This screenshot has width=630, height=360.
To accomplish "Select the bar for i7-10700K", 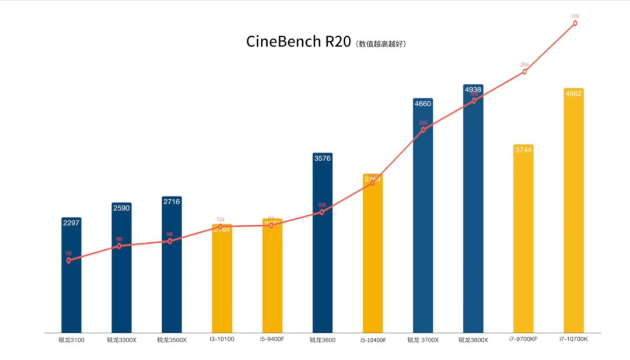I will click(x=573, y=216).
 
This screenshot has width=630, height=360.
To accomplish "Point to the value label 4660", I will click(x=423, y=104).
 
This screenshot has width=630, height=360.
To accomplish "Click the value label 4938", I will click(x=473, y=90).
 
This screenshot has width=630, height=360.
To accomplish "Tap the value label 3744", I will click(x=523, y=150).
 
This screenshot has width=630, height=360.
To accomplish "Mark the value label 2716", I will click(x=171, y=202).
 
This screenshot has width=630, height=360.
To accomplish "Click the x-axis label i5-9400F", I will click(x=272, y=339).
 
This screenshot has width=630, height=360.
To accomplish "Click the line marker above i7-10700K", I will click(x=575, y=23).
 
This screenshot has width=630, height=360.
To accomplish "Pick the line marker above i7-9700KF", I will click(x=524, y=72).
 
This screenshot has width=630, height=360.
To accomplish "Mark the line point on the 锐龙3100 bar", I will click(x=69, y=261).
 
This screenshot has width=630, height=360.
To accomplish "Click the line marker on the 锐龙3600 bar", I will click(x=321, y=212).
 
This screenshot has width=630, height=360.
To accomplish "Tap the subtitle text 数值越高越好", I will click(x=382, y=44).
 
